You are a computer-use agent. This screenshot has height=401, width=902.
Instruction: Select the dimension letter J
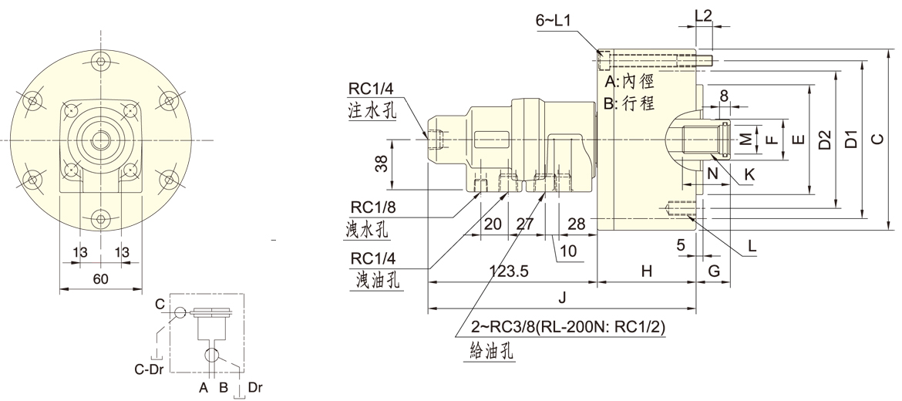pyautogui.click(x=563, y=298)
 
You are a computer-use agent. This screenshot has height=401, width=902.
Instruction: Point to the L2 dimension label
pyautogui.click(x=703, y=14)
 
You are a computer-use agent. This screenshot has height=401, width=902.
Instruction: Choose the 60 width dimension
pyautogui.click(x=100, y=279)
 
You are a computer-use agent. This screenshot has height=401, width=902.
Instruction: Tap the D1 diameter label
pyautogui.click(x=850, y=140)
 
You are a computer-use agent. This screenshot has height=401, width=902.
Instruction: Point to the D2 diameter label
pyautogui.click(x=825, y=140)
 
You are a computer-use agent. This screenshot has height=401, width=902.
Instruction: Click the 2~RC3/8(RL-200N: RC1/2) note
pyautogui.click(x=568, y=327)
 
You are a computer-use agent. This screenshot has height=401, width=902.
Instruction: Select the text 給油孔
pyautogui.click(x=493, y=352)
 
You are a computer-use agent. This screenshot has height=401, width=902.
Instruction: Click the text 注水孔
pyautogui.click(x=372, y=111)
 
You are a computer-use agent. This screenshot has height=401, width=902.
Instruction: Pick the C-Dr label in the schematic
pyautogui.click(x=148, y=369)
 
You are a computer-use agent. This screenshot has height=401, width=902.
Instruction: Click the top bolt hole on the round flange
pyautogui.click(x=101, y=61)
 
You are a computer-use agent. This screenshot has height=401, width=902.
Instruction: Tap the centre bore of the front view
pyautogui.click(x=101, y=140)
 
